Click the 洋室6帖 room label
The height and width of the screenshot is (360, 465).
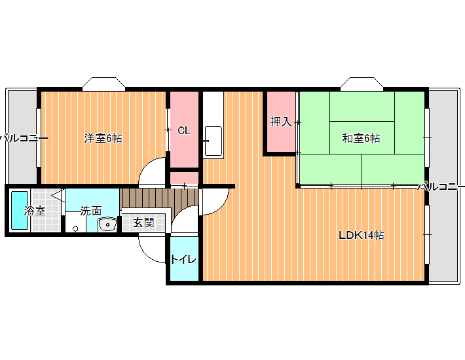(x=103, y=138)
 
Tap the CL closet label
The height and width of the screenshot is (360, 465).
(x=184, y=130)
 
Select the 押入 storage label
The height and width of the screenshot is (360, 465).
(x=281, y=122)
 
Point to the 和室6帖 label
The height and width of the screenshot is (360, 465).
(x=361, y=138)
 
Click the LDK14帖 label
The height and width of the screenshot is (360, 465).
(x=362, y=235)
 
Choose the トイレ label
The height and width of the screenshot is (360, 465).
(x=183, y=260)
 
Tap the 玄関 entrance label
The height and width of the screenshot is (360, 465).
(x=143, y=223)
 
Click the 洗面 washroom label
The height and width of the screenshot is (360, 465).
(x=91, y=211)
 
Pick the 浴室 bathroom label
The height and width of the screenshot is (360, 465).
(x=35, y=211)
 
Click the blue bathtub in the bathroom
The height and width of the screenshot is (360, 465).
(x=20, y=210)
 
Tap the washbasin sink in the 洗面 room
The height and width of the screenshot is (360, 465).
(x=107, y=225)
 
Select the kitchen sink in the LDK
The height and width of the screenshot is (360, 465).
(x=214, y=141)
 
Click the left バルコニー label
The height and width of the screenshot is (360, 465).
(x=24, y=138)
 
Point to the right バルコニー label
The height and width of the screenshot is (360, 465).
(x=441, y=187)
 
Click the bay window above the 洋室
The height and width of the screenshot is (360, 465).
(x=103, y=84)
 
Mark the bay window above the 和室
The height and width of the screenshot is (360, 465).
(x=362, y=84)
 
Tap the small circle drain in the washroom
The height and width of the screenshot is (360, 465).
(x=75, y=228)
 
